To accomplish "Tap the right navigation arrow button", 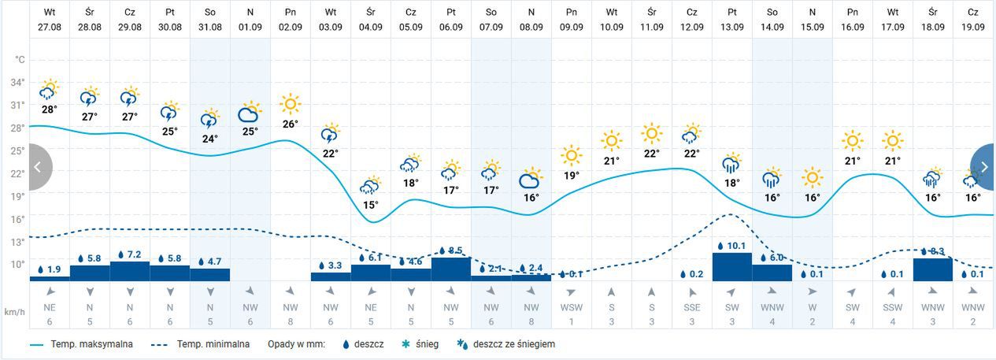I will (983, 167).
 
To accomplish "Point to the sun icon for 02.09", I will (291, 104).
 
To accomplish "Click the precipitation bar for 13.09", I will (732, 266).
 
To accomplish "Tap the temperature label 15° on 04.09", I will (370, 205).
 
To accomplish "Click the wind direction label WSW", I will (571, 306).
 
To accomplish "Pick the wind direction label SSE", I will (691, 306).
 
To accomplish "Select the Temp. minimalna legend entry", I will (205, 344).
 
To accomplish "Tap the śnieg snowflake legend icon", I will (405, 344).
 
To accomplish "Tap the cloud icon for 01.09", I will (250, 113).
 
